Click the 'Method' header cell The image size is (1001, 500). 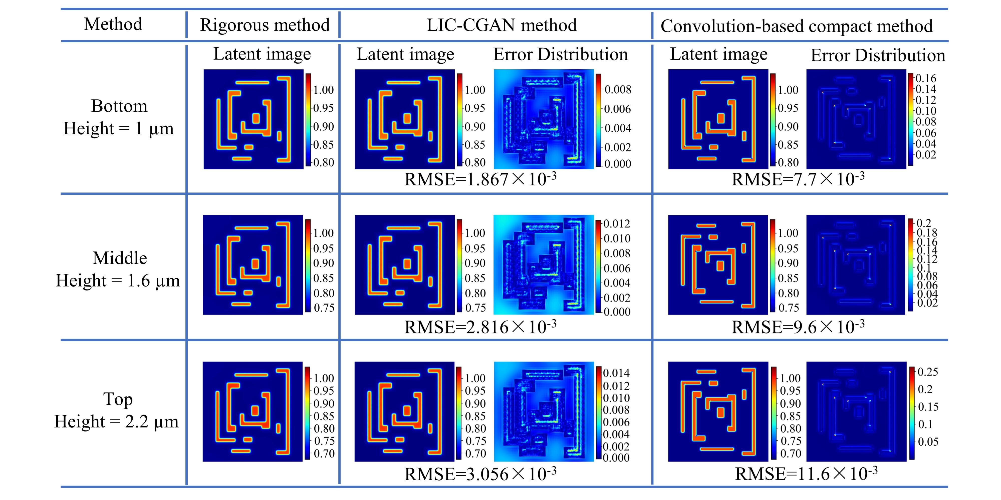[x=113, y=24]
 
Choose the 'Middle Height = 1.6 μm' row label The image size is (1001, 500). [x=118, y=269]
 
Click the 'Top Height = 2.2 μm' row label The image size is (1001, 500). [x=117, y=410]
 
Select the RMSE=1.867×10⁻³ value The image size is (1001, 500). [x=480, y=179]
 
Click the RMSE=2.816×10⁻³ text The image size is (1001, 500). [x=480, y=326]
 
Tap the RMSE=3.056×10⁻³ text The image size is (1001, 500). [x=480, y=473]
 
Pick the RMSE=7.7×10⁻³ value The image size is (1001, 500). [x=798, y=179]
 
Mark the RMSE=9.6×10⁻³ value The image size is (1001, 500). [x=798, y=326]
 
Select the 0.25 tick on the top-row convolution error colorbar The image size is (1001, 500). [x=928, y=372]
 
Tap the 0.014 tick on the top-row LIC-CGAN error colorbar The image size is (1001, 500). [x=616, y=373]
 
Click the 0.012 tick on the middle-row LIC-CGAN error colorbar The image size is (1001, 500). [x=616, y=223]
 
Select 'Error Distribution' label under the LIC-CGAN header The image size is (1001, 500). [x=560, y=54]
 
